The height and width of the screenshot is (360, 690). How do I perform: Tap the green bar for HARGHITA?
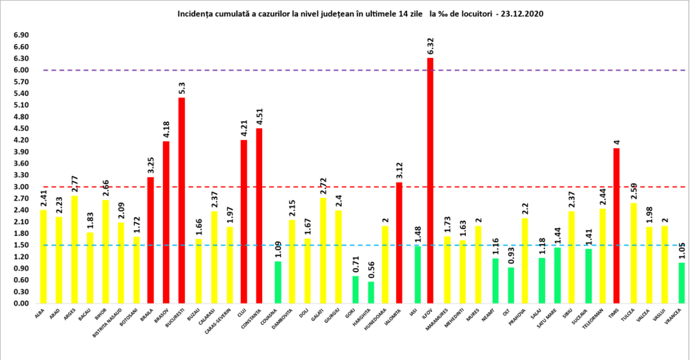371,292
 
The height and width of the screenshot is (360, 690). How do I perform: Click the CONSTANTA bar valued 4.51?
259,216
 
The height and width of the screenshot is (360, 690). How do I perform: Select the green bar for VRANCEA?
681,282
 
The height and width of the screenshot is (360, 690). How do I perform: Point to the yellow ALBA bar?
43,256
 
